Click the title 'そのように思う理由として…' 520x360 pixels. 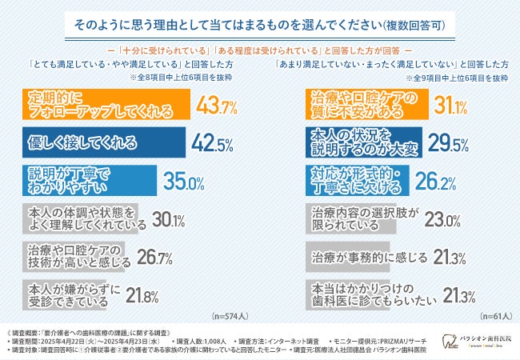click(x=260, y=25)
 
